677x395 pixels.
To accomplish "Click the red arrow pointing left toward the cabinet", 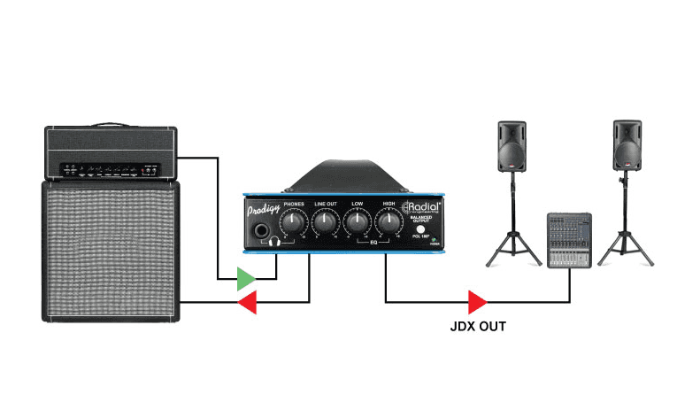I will pos(247,304).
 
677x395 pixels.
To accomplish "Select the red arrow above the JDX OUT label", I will pos(478,303).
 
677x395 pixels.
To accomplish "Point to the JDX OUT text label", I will pos(478,327).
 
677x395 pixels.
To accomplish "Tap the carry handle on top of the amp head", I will pos(111,125).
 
